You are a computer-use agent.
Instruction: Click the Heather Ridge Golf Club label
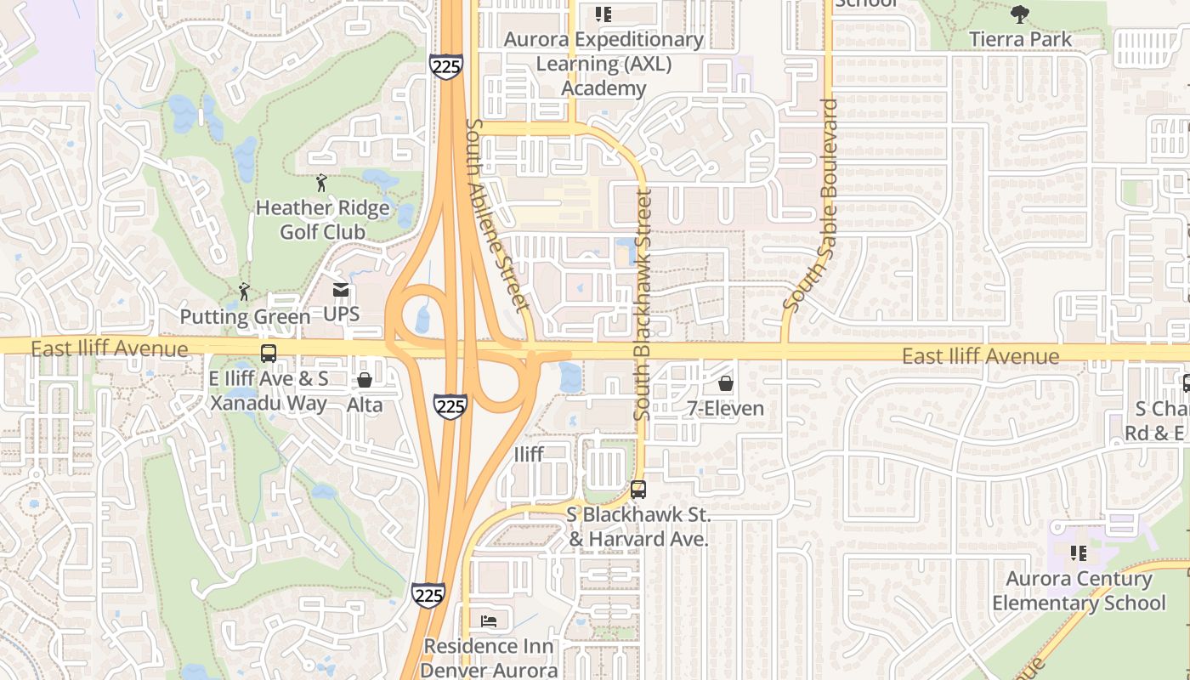point(322,219)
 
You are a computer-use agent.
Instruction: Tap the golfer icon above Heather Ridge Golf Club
point(321,182)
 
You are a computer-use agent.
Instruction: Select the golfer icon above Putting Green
point(244,292)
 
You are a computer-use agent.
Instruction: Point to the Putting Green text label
point(245,317)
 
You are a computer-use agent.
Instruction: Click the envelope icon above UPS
point(341,290)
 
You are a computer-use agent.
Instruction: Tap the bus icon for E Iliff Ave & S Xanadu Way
point(269,354)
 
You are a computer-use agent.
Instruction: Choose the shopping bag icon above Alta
point(365,380)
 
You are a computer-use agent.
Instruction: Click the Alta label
point(365,405)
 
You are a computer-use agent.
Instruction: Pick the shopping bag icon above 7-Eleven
point(725,383)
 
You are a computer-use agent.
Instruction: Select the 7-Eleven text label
point(725,409)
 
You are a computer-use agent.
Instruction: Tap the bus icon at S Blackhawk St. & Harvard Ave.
point(637,490)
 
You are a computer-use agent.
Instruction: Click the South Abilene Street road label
point(497,214)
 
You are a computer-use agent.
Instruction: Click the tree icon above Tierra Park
point(1020,14)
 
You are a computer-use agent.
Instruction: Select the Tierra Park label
point(1020,39)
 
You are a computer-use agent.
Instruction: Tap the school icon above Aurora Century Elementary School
point(1079,554)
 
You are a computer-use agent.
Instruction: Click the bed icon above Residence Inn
point(489,621)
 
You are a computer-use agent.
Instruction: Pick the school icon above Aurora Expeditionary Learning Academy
point(603,14)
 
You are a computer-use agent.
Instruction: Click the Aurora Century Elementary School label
point(1079,591)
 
